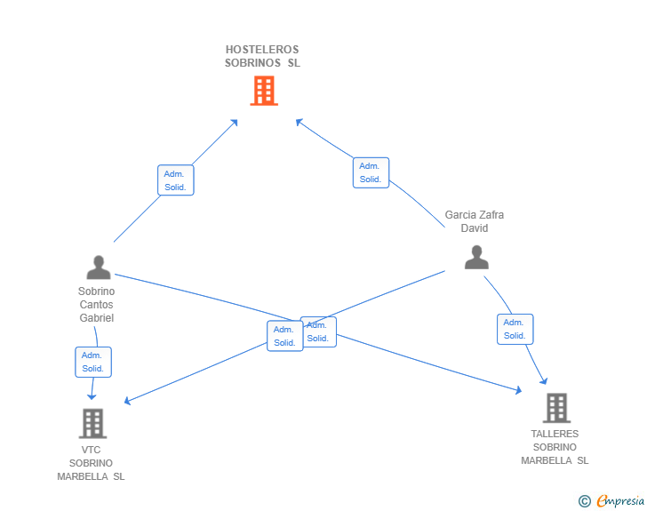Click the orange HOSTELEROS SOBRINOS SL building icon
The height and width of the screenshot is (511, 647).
tap(264, 91)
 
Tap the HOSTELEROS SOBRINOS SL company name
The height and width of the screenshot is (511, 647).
tap(262, 56)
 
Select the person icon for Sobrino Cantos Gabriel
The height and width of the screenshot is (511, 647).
tap(99, 267)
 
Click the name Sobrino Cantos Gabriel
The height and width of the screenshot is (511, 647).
tap(97, 305)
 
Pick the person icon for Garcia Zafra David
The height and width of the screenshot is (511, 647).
tap(476, 257)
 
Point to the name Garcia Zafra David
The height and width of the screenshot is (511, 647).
tap(474, 221)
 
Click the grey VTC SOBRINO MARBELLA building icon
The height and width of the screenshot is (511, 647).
tap(92, 424)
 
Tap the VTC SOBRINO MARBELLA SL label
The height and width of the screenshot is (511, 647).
tap(91, 463)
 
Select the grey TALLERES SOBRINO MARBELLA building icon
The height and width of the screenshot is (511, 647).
tap(556, 408)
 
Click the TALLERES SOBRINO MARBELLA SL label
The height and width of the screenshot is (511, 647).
tap(555, 447)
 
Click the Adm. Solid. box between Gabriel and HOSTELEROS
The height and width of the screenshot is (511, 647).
tap(176, 180)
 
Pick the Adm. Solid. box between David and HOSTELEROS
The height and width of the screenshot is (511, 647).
tap(371, 172)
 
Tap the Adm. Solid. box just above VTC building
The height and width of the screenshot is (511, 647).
tap(93, 362)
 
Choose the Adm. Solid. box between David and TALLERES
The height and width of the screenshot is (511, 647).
tap(515, 329)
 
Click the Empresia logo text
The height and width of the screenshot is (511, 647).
tap(620, 500)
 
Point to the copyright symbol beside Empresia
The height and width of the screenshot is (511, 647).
tap(584, 501)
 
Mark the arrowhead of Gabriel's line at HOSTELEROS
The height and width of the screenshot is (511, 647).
tap(235, 122)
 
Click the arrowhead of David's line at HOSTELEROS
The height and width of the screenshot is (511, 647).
tap(300, 122)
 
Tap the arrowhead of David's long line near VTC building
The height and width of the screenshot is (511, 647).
tap(127, 401)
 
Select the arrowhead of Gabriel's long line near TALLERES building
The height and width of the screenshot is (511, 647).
tap(519, 390)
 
